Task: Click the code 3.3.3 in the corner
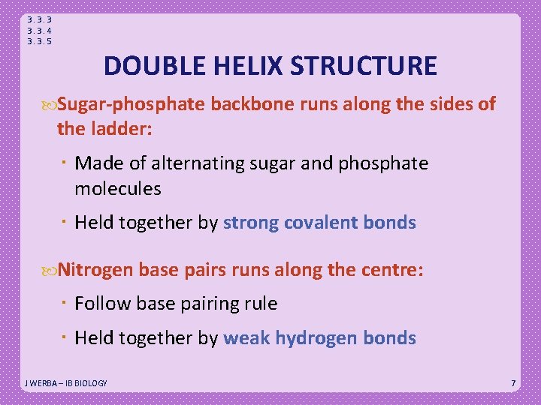[39, 19]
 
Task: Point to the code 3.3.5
[39, 42]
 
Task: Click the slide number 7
[513, 383]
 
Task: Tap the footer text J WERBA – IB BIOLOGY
[66, 383]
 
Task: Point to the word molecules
[118, 188]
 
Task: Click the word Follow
[100, 304]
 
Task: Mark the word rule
[261, 304]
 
